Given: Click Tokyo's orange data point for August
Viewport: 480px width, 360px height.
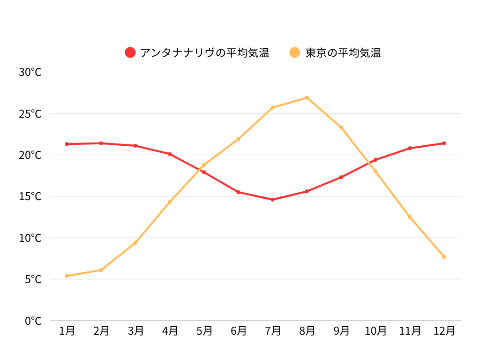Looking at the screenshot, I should point(307,97).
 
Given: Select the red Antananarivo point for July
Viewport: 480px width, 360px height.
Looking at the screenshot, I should point(272,200).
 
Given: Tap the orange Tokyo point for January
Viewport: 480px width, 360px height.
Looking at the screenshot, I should point(67,276).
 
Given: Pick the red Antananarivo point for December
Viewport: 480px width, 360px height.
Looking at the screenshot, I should point(444,143).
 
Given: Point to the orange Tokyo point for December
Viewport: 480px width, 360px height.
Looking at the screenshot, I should point(444,257).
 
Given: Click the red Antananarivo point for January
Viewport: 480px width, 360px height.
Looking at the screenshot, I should point(67,144).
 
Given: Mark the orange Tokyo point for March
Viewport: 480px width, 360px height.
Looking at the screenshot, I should point(135,243).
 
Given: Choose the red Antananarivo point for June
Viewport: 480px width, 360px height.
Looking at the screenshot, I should point(238,192).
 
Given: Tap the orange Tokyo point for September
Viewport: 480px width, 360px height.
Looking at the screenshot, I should point(341,127).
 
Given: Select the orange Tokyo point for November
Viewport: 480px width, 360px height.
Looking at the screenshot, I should point(410,217).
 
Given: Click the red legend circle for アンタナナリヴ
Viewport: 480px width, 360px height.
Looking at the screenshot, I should point(130,52).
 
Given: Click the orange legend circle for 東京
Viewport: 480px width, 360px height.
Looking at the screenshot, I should point(295,52).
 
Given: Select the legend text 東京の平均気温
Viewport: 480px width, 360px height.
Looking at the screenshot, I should point(343,52).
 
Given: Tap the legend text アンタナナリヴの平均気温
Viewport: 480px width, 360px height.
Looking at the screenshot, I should point(205,52).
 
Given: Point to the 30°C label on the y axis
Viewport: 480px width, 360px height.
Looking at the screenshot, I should point(30,72).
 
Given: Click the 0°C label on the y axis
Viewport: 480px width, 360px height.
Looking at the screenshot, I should point(33,321).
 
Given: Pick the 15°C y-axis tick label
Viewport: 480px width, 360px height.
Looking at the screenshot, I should point(30,196).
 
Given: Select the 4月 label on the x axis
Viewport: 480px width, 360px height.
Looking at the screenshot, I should point(170,331).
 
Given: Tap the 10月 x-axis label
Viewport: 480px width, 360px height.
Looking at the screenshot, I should point(375,331).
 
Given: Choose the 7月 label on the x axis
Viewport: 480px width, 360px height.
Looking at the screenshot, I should point(273,331).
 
